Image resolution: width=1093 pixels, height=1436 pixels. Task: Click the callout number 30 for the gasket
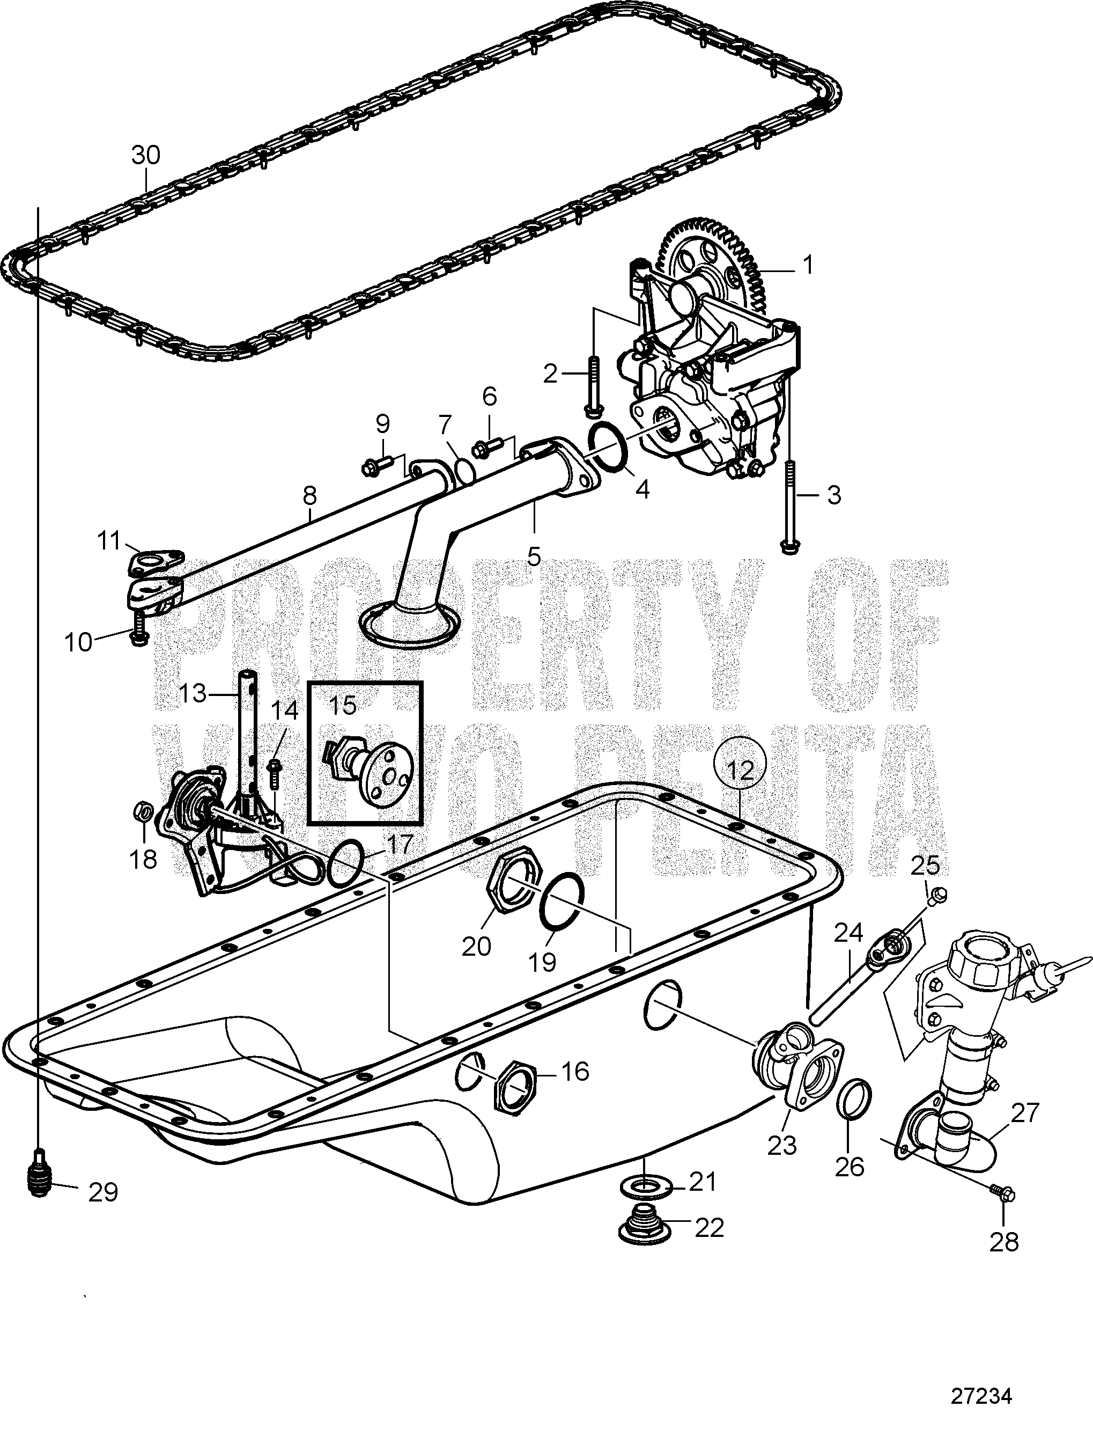146,156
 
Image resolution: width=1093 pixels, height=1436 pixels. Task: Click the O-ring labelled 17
345,862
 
